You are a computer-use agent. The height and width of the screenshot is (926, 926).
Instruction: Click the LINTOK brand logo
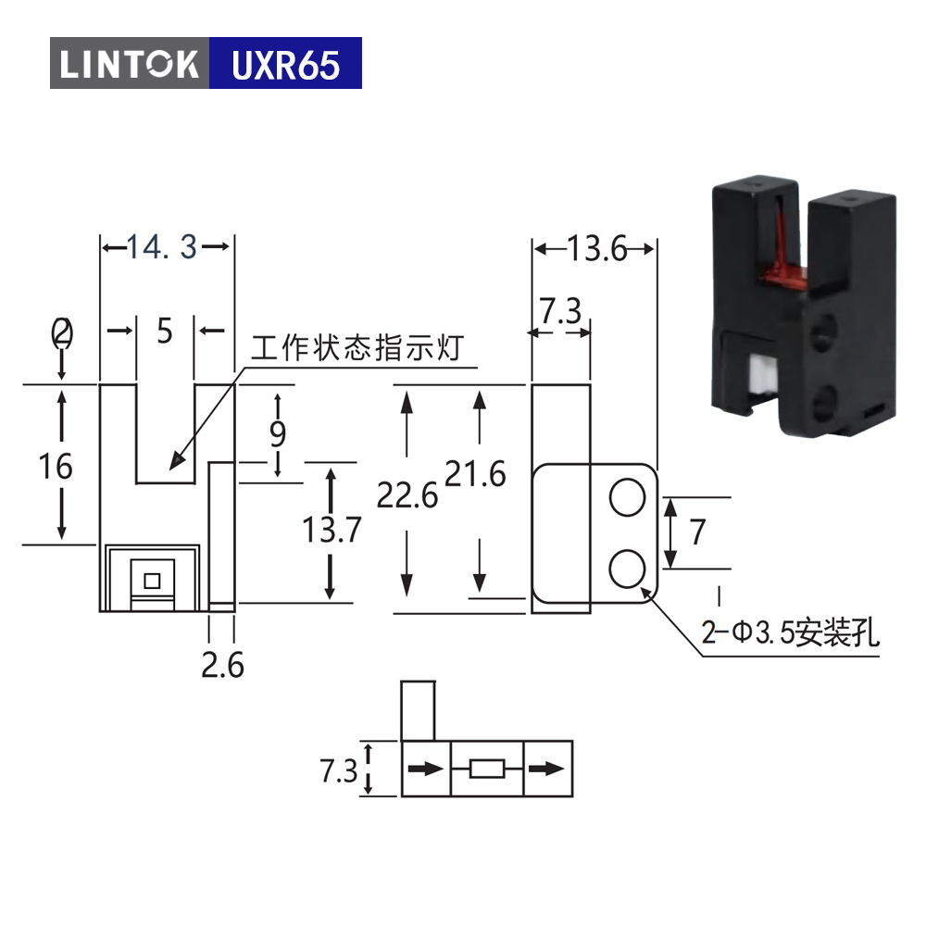130,64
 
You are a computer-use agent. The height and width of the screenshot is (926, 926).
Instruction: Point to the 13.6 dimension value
596,248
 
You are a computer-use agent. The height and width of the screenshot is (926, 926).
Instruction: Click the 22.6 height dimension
407,494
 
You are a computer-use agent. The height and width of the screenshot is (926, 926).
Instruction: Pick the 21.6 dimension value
475,473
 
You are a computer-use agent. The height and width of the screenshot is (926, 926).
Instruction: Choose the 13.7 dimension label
332,529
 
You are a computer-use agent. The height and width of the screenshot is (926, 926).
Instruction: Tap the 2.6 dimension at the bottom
222,665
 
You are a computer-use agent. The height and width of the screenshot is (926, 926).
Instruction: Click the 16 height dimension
56,467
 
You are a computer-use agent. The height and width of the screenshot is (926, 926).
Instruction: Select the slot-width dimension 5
165,331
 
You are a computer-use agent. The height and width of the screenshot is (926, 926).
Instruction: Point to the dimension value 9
278,434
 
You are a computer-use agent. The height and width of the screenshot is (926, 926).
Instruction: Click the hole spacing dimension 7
697,532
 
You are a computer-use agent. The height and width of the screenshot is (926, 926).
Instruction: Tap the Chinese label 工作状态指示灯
357,347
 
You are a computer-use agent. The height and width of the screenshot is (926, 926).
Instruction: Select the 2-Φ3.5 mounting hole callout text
790,632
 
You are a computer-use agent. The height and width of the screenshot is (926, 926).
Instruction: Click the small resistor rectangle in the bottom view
487,769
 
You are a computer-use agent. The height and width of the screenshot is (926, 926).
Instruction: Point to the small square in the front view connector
152,582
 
